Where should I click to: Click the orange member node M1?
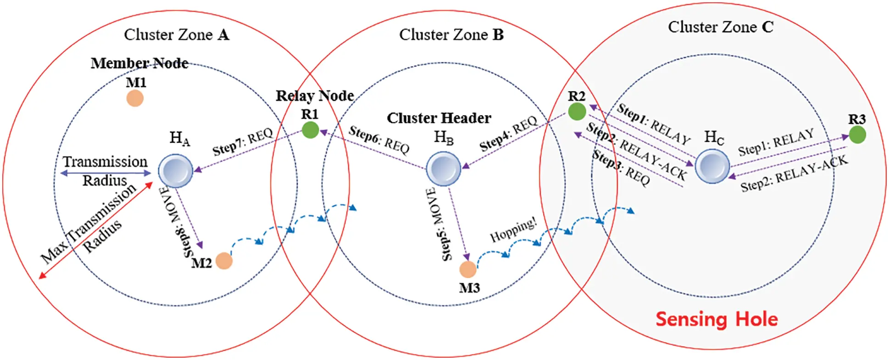pos(135,98)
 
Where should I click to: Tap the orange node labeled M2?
pos(224,261)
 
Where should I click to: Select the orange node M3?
pos(468,269)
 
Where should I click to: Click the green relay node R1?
pos(311,130)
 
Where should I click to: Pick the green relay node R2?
pos(577,111)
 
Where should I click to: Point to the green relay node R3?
pos(857,135)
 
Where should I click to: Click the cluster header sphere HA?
pos(176,171)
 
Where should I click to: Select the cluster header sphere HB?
pos(443,169)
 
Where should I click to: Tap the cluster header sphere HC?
pos(712,166)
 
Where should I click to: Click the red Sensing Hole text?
pos(717,319)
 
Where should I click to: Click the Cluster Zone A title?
pos(176,35)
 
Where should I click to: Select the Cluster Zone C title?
pos(720,27)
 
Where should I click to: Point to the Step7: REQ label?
pos(242,142)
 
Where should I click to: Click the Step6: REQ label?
pos(379,139)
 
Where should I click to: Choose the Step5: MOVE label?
pos(438,225)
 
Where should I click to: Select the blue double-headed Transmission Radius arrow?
pos(106,173)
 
